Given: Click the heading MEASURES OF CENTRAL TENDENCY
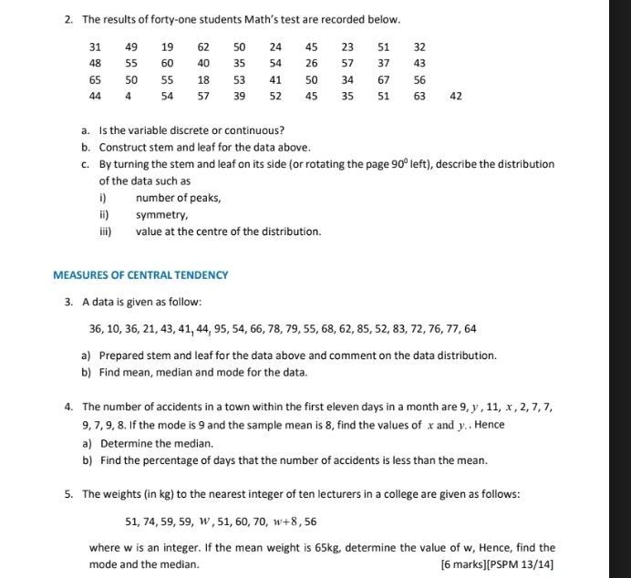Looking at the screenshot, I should coord(140,274).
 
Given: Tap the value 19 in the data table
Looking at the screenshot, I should coord(167,46).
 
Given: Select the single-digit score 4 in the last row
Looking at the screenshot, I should coord(129,96).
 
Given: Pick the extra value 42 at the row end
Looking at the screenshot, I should coord(456,96).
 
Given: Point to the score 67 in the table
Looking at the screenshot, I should coord(384,79).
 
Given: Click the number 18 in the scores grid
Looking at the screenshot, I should coord(203,79).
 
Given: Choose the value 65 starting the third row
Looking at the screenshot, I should coord(95,79).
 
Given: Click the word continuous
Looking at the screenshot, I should coord(255,130).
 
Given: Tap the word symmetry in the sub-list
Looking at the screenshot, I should coord(161,215).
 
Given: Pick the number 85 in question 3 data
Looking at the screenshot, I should coord(364,328).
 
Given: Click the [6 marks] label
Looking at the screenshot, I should coord(461,564).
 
